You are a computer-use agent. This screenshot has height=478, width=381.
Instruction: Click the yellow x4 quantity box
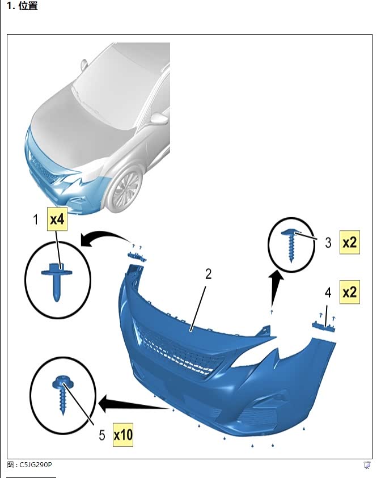(57, 219)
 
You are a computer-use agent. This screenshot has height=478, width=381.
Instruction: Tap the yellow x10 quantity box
(123, 435)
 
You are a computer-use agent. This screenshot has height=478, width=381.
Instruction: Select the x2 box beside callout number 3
(350, 242)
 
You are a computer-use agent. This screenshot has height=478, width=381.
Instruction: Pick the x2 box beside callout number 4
(350, 292)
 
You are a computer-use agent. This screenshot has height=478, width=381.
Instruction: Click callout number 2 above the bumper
(208, 274)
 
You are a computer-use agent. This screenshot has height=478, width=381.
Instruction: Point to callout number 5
(102, 435)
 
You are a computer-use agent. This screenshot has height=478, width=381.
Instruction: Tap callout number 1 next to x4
(36, 219)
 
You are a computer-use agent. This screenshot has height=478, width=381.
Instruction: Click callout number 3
(328, 243)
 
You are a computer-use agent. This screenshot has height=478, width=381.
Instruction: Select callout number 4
(328, 293)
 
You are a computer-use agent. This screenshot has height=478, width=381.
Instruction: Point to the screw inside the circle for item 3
(291, 245)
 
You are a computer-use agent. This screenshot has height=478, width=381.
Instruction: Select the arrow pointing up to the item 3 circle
(276, 288)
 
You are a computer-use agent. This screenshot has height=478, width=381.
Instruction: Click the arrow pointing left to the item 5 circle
(134, 404)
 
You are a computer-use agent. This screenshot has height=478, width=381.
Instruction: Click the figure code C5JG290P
(36, 464)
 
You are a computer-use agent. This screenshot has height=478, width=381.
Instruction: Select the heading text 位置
(28, 6)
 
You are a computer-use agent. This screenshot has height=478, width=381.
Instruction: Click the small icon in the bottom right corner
(367, 465)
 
